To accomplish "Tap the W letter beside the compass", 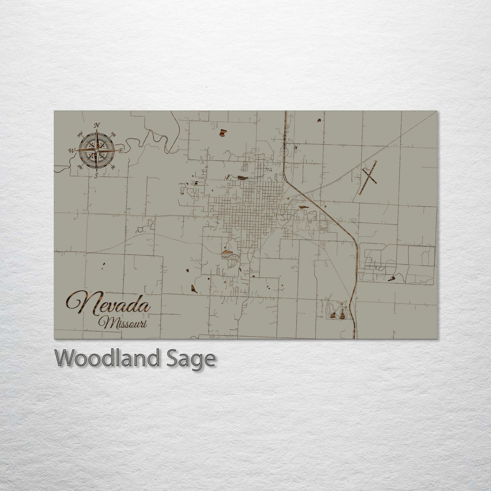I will coord(72,150).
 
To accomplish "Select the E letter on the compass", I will coord(120,150).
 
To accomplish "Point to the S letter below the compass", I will coord(97,176).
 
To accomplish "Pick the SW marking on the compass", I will coord(81,166).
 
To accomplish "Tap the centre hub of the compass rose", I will coord(97,150).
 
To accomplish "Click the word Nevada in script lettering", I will coord(109,303).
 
